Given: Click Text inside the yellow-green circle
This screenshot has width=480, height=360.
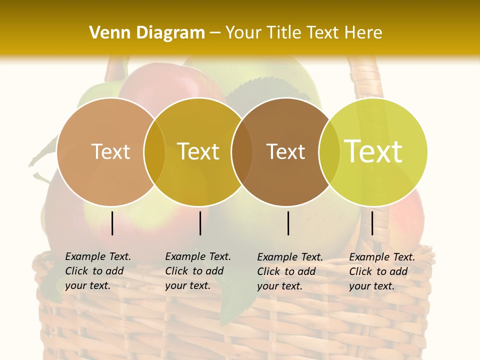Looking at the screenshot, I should point(373,151).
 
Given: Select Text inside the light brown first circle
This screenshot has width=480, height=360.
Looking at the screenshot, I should point(110,151).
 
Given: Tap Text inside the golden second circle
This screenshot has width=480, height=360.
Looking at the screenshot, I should point(198,151).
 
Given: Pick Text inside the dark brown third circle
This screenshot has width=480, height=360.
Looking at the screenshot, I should point(286,151).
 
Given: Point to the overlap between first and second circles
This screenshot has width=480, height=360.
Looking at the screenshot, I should point(154,151).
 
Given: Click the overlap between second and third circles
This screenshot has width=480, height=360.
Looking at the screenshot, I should point(242,151).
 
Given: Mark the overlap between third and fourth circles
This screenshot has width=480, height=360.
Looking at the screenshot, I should point(327,151).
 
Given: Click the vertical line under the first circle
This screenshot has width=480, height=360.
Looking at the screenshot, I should point(112,223).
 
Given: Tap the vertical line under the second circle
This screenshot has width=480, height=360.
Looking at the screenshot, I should point(200,223).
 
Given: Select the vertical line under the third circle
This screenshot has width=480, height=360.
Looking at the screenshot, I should point(288,223).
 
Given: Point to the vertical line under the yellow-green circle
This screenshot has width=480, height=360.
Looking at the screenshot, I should point(372,223).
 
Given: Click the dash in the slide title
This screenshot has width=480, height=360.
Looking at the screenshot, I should point(215,33).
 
